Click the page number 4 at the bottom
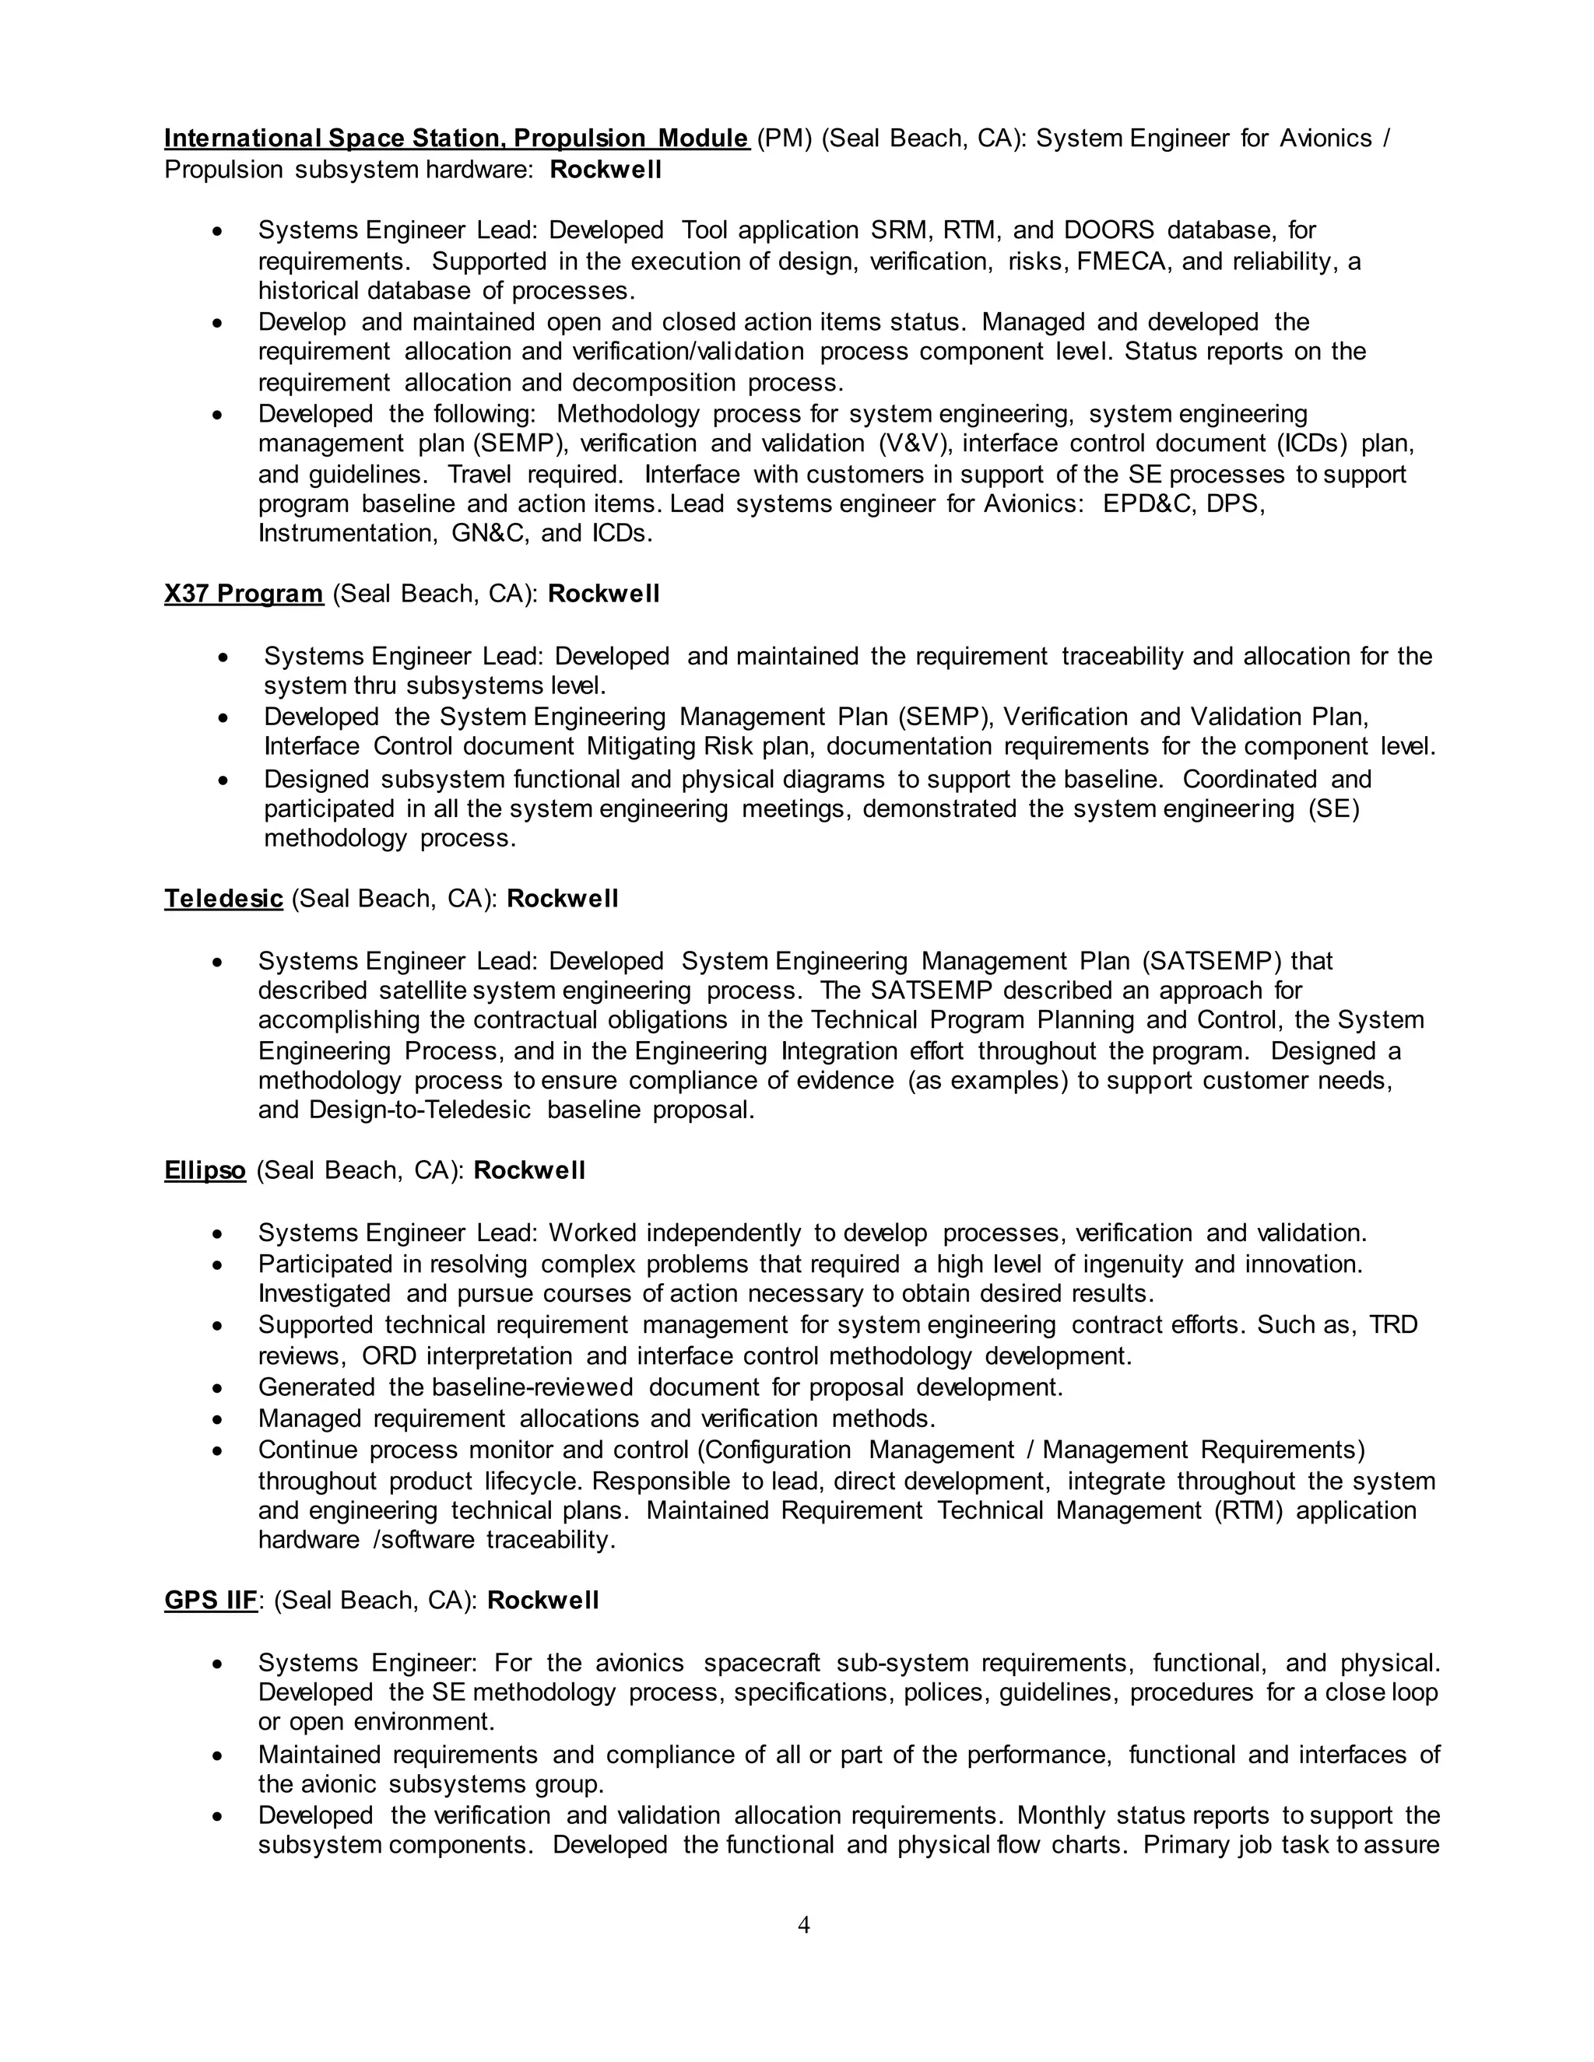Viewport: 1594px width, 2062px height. coord(803,1924)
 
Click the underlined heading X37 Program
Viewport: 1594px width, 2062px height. coord(244,594)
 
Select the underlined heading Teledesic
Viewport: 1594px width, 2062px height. coord(224,898)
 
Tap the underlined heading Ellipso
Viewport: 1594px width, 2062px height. coord(205,1171)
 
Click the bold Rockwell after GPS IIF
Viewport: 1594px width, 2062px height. coord(543,1601)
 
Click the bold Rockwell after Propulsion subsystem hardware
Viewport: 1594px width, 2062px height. coord(606,170)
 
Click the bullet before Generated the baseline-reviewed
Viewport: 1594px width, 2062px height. coord(218,1389)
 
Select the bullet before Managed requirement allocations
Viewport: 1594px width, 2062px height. coord(218,1420)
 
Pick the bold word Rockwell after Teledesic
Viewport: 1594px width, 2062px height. coord(563,898)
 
